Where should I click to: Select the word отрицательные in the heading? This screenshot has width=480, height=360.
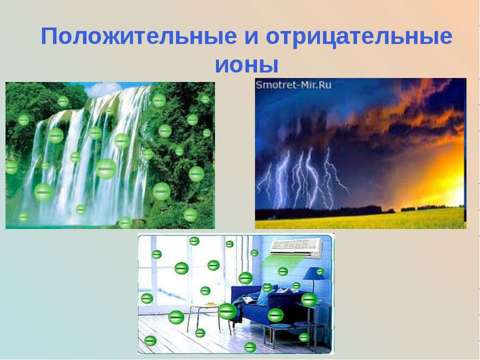tap(359, 38)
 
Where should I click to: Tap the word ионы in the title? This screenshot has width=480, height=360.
tap(247, 63)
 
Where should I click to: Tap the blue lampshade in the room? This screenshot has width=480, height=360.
tap(313, 273)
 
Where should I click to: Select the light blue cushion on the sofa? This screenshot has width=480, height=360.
tap(264, 297)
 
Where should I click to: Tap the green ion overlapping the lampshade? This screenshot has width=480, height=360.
tap(320, 271)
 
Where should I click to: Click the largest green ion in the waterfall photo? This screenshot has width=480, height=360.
tap(106, 169)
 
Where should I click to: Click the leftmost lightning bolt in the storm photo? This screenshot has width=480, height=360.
tap(267, 182)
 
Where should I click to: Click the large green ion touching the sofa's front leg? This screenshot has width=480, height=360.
tap(228, 311)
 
